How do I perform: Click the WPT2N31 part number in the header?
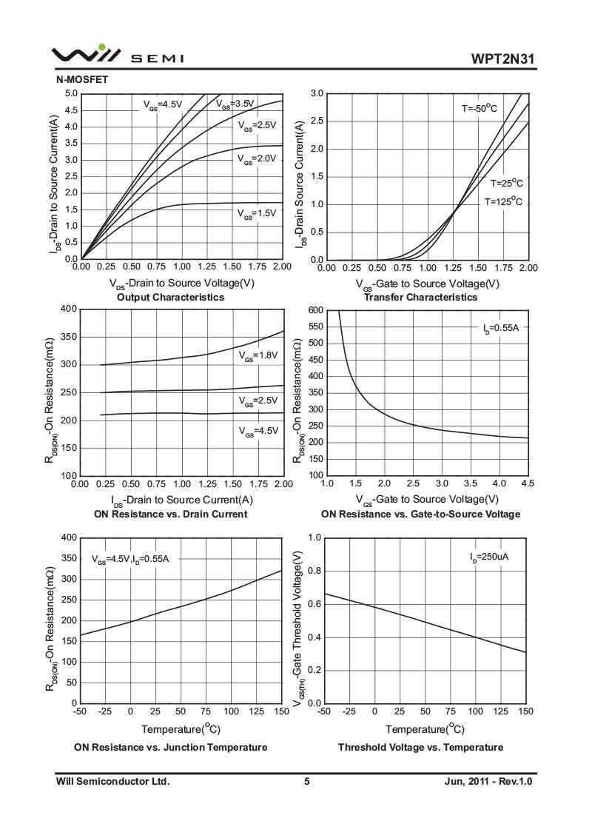click(x=502, y=58)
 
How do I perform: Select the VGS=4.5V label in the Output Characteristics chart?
click(x=162, y=105)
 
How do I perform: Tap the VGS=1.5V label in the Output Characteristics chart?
click(x=256, y=213)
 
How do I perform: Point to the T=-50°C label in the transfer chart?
click(x=480, y=109)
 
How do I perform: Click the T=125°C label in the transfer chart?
click(x=503, y=201)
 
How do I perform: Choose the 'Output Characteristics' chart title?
click(x=170, y=297)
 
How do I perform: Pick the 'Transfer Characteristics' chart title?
click(x=420, y=297)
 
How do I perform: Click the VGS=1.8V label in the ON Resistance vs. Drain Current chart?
click(x=258, y=356)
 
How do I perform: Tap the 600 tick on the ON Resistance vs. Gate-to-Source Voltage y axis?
click(x=316, y=310)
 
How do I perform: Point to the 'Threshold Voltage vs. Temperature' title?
click(x=420, y=747)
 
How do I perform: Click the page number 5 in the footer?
click(x=306, y=781)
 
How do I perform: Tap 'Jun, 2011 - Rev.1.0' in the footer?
click(x=488, y=781)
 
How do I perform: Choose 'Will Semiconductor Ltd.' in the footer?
click(x=113, y=781)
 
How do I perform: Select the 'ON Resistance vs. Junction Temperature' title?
click(x=170, y=747)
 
